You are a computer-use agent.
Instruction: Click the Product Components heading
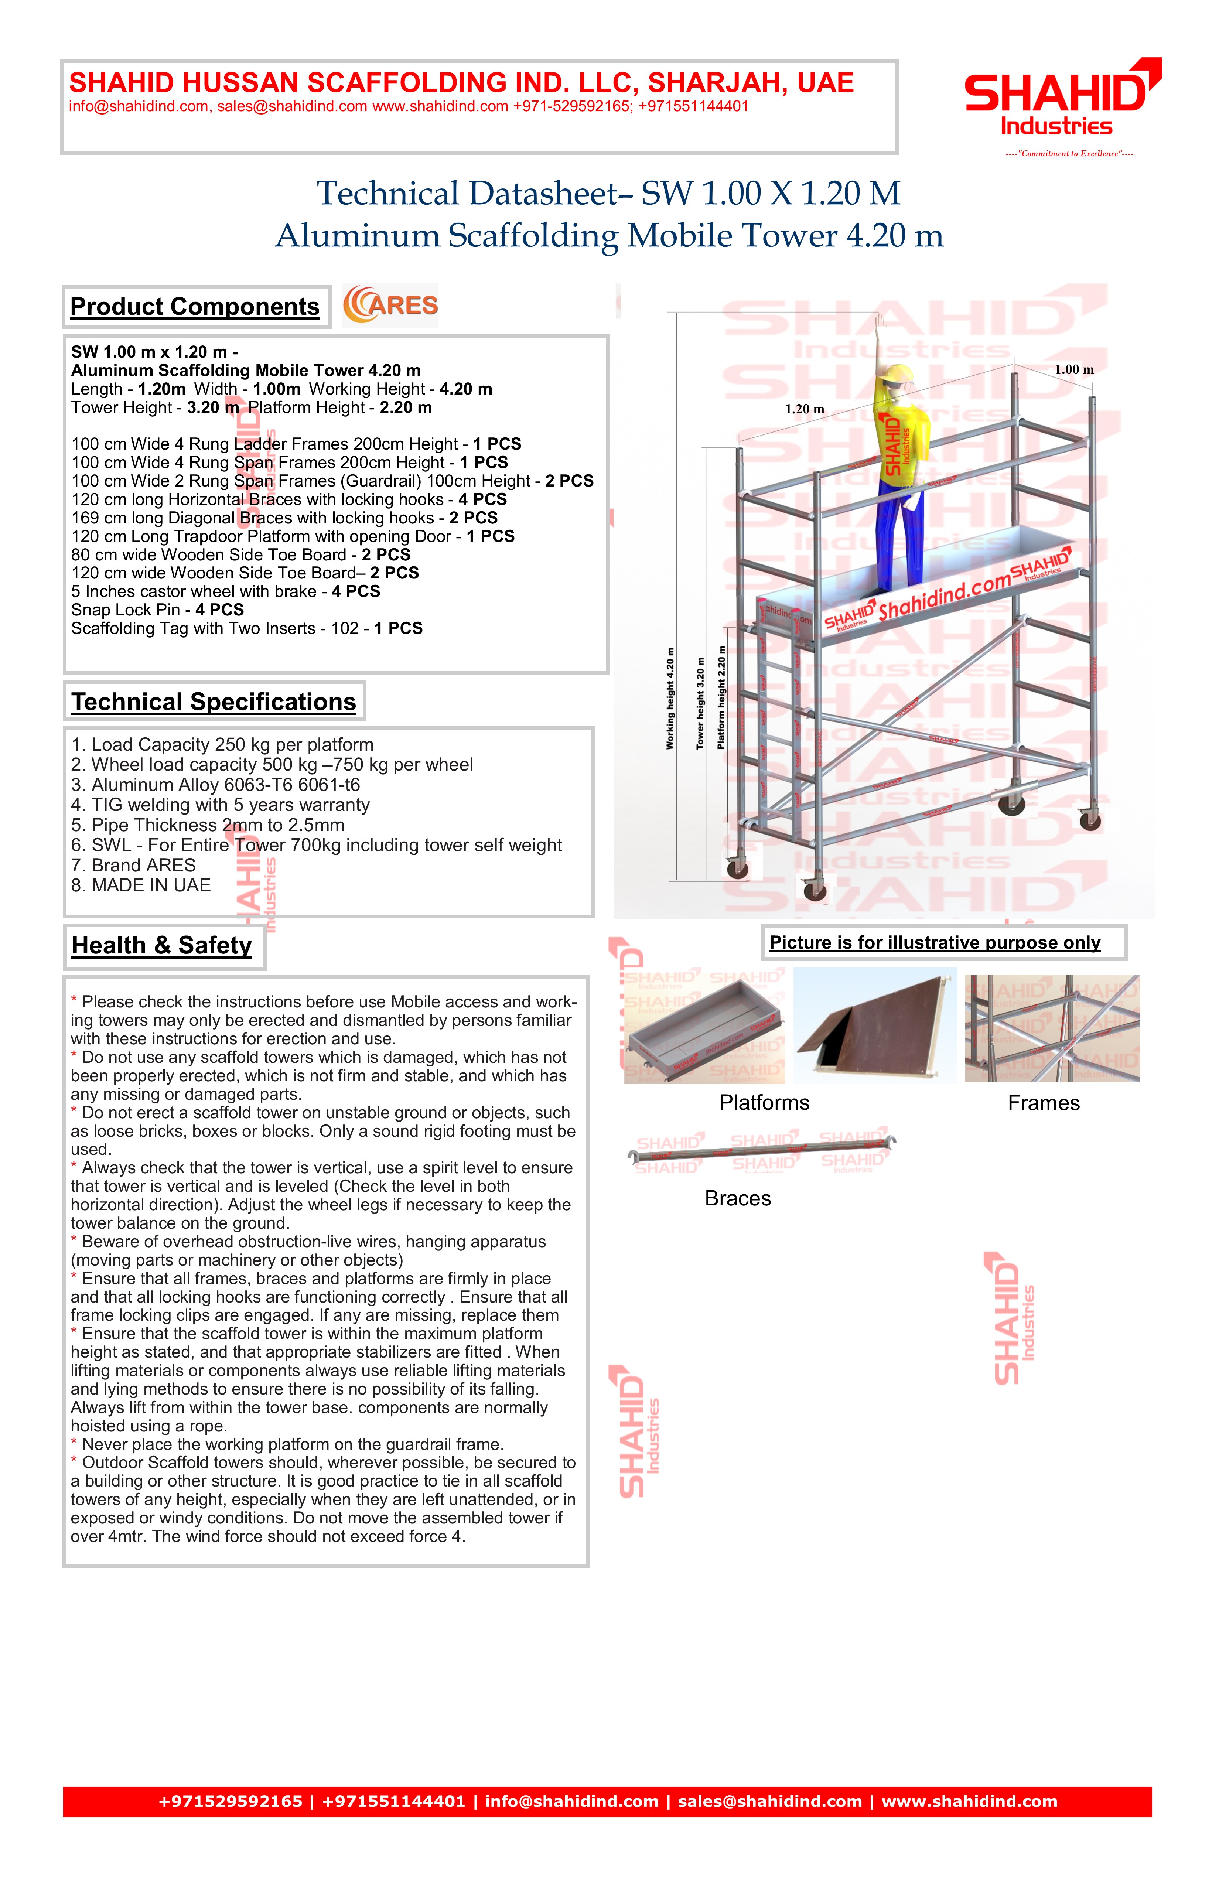tap(195, 306)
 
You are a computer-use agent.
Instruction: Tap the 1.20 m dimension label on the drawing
tap(804, 409)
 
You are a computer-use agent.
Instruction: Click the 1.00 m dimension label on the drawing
tap(1074, 370)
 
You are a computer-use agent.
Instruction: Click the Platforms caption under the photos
tap(764, 1103)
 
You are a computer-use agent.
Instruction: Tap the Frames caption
tap(1043, 1103)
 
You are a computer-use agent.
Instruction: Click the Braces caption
tap(738, 1198)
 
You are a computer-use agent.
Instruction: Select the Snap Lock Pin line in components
tap(157, 610)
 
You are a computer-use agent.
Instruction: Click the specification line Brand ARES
tap(133, 865)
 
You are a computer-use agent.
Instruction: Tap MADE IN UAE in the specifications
tap(141, 885)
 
